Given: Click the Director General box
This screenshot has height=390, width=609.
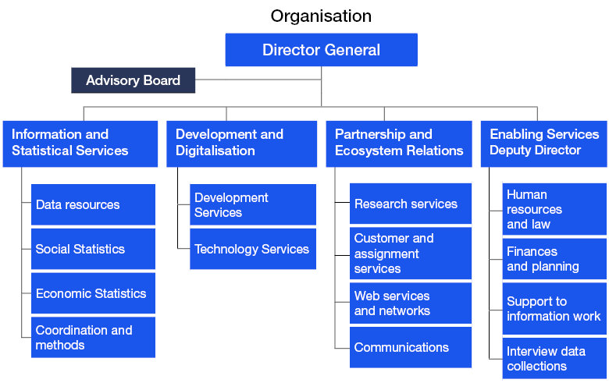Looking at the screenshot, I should pyautogui.click(x=321, y=50).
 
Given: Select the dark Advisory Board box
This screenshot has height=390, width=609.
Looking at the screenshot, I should pyautogui.click(x=133, y=80).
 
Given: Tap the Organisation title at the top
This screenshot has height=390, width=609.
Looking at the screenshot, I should pyautogui.click(x=321, y=16).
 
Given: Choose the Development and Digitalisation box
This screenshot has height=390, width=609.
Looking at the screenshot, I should pyautogui.click(x=241, y=143).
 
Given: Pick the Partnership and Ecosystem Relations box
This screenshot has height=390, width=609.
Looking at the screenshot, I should pyautogui.click(x=399, y=143).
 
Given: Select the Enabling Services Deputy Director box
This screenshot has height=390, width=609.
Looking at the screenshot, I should pyautogui.click(x=543, y=143).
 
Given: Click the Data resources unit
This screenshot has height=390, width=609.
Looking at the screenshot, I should pyautogui.click(x=93, y=204).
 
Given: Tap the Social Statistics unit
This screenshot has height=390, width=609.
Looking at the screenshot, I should pyautogui.click(x=93, y=249).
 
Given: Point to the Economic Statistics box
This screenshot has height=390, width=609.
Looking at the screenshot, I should pyautogui.click(x=93, y=293).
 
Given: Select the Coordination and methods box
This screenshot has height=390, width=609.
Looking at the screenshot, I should pyautogui.click(x=93, y=337).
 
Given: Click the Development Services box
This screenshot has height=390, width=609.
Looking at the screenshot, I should pyautogui.click(x=253, y=204).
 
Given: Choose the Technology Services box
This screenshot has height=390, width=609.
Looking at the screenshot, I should pyautogui.click(x=253, y=249).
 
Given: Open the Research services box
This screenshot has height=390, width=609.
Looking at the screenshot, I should pyautogui.click(x=411, y=204).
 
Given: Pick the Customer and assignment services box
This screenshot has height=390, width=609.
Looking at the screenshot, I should pyautogui.click(x=411, y=253).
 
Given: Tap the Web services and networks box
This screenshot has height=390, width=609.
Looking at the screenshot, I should pyautogui.click(x=411, y=303).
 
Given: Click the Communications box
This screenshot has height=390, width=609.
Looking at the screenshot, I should pyautogui.click(x=411, y=347).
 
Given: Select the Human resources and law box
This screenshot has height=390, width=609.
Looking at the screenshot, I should pyautogui.click(x=554, y=209).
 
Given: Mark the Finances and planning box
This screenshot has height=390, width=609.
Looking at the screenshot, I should pyautogui.click(x=554, y=259).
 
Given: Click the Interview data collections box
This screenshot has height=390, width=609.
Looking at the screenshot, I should pyautogui.click(x=554, y=359).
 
